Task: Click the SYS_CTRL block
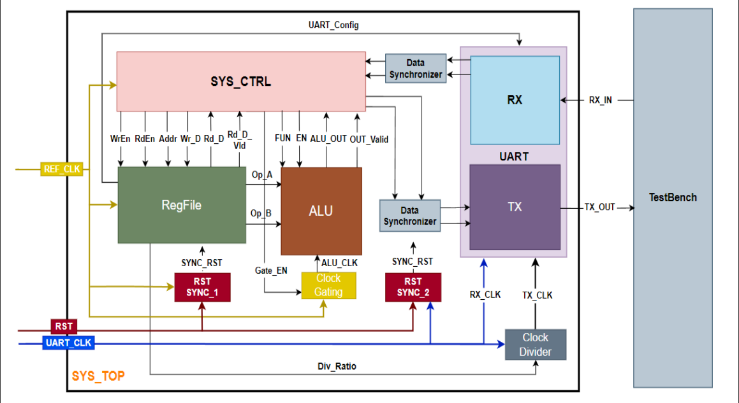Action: tap(240, 82)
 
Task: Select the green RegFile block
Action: tap(182, 204)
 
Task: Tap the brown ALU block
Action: tap(321, 211)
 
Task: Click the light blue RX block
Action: tap(515, 100)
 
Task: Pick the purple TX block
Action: tap(515, 207)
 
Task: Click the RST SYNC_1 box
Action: tap(202, 287)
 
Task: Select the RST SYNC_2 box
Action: tap(413, 287)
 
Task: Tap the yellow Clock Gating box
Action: tap(328, 285)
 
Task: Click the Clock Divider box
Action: tap(536, 344)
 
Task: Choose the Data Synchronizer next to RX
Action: tap(416, 69)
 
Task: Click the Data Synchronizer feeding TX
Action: tap(410, 215)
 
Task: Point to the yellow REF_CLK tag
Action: tap(62, 169)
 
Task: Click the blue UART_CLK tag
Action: tap(69, 343)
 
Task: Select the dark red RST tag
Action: tap(64, 327)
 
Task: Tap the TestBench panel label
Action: tap(673, 197)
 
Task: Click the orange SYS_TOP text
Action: tap(98, 376)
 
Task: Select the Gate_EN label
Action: tap(271, 271)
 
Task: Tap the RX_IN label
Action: tap(599, 100)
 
